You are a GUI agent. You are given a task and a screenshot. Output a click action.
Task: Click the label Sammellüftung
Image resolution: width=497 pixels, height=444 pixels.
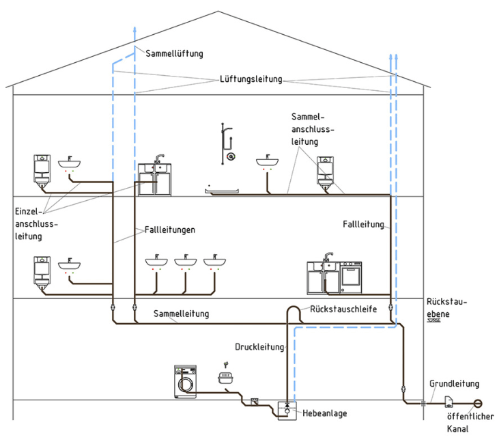[x=174, y=53]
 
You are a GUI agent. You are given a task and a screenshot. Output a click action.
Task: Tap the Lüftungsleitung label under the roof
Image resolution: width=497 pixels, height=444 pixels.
[x=251, y=79]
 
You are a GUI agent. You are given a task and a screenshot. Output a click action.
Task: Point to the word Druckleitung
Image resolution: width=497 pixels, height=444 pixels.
[x=259, y=347]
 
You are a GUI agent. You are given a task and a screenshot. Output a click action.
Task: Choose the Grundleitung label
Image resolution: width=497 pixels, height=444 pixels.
[x=454, y=385]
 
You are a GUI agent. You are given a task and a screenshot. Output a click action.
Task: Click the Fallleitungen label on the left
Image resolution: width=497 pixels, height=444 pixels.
[x=170, y=230]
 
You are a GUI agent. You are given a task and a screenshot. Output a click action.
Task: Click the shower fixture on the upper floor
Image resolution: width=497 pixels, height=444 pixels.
[x=229, y=143]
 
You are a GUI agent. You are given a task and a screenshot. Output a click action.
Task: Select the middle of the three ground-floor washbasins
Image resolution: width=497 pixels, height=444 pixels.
[x=185, y=262]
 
